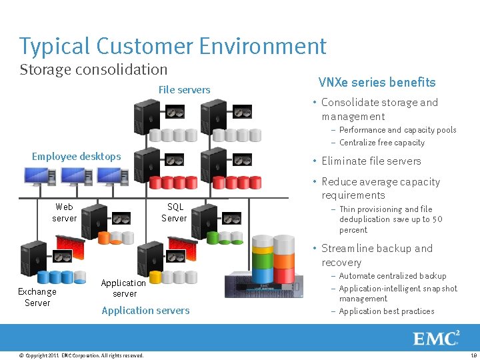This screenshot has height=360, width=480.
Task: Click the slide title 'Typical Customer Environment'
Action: coord(173,47)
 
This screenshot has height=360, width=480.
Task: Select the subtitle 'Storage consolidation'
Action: coord(93,69)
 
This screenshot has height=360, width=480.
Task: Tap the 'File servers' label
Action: coord(184,90)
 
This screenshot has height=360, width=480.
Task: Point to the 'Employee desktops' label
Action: coord(77,157)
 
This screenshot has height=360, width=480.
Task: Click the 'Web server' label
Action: coord(65,213)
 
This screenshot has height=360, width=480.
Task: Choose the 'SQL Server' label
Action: coord(175,213)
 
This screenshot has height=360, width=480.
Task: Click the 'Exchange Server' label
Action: coord(37,297)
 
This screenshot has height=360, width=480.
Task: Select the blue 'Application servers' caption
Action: coord(145,311)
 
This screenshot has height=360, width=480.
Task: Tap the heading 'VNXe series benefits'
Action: coord(377,83)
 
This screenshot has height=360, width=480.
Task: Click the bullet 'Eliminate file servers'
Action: coord(371,161)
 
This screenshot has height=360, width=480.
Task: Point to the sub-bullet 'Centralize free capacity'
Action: coord(381,143)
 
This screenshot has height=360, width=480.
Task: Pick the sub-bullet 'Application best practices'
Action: coord(386,311)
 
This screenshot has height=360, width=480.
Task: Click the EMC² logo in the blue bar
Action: coord(436,338)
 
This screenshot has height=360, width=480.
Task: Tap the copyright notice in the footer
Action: coord(81,355)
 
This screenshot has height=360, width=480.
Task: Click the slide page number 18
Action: coord(473,355)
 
